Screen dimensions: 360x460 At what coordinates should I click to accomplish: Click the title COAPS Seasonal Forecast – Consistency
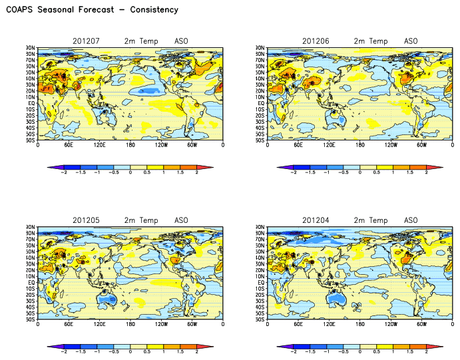point(92,10)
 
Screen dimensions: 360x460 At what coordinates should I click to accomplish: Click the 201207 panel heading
point(86,41)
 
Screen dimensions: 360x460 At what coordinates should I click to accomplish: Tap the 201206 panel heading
point(316,41)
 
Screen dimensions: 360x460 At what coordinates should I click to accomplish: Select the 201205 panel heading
point(86,221)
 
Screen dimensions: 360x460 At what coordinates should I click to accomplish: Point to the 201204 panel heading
point(316,221)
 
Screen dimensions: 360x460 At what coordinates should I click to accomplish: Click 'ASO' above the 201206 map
point(411,41)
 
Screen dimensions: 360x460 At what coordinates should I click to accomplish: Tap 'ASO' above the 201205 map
point(182,221)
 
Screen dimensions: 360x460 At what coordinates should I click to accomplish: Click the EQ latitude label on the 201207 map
point(32,103)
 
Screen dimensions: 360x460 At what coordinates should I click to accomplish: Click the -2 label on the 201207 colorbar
point(64,172)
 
